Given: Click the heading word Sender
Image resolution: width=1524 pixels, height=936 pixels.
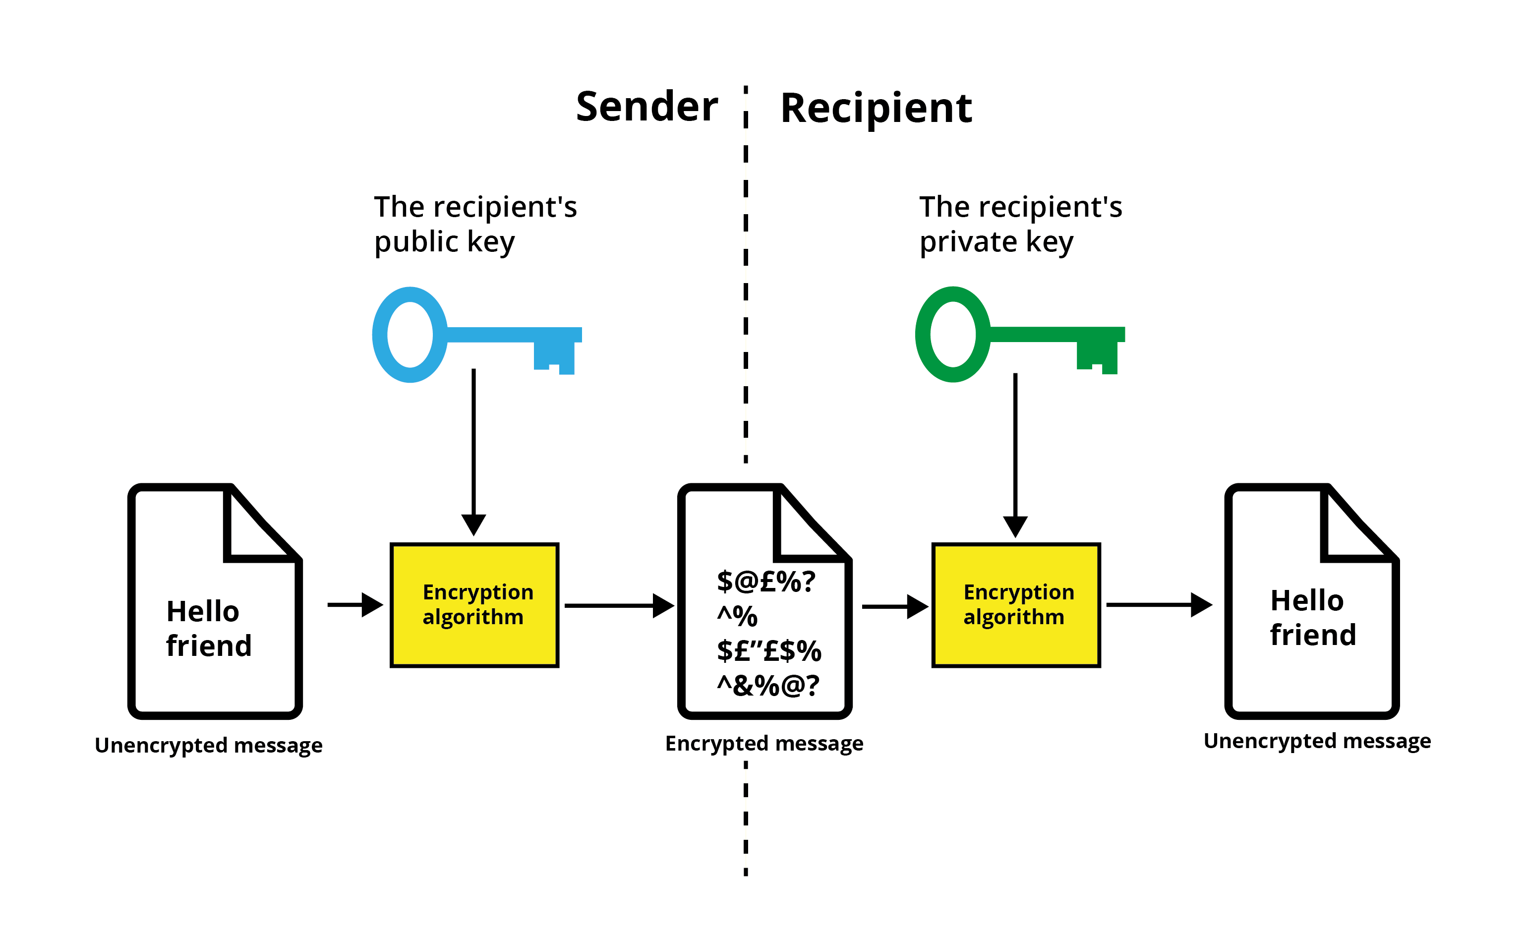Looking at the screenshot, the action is pyautogui.click(x=647, y=107).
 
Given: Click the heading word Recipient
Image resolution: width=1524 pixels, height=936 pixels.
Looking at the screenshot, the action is pyautogui.click(x=876, y=109).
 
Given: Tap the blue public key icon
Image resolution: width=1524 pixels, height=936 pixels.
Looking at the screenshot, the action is pyautogui.click(x=476, y=334).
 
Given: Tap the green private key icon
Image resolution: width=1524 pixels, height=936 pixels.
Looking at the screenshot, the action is pyautogui.click(x=1020, y=334).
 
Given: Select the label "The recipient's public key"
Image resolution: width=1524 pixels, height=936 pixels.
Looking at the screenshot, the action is pyautogui.click(x=475, y=224).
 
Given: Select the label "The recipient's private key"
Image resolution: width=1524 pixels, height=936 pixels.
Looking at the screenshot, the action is pyautogui.click(x=1021, y=224).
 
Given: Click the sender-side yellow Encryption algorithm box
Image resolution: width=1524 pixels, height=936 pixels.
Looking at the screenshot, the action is pyautogui.click(x=474, y=605).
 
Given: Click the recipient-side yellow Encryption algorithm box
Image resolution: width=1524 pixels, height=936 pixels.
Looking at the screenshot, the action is pyautogui.click(x=1016, y=605).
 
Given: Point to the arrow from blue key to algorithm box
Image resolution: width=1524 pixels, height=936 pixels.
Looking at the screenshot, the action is pyautogui.click(x=473, y=453).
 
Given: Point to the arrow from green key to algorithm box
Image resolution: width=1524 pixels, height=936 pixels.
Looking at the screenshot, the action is pyautogui.click(x=1015, y=456).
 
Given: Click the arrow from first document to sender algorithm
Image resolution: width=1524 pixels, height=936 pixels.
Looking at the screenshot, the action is pyautogui.click(x=355, y=605).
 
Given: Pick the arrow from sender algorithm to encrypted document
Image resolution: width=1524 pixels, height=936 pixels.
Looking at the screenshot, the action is pyautogui.click(x=619, y=605).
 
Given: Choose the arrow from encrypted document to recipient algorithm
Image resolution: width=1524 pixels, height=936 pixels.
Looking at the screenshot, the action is pyautogui.click(x=895, y=607).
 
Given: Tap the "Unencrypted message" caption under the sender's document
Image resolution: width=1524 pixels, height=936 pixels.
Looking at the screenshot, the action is pyautogui.click(x=209, y=745).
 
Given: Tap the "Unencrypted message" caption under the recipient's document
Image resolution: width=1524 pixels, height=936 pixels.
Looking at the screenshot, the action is pyautogui.click(x=1317, y=741).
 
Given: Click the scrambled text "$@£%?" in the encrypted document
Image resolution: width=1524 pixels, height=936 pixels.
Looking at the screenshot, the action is pyautogui.click(x=765, y=582).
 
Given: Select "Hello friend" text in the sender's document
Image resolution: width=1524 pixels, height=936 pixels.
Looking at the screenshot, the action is pyautogui.click(x=209, y=628).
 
